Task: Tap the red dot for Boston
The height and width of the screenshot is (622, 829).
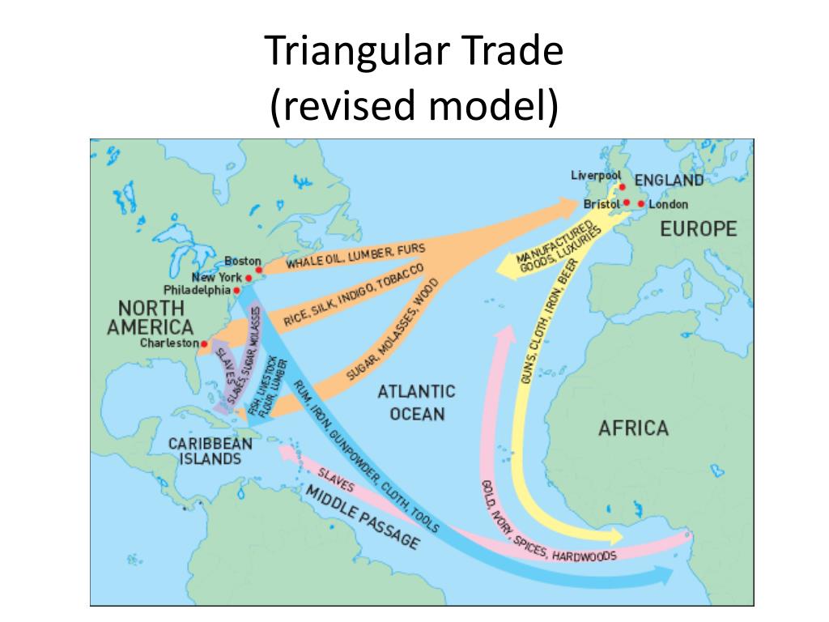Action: coord(257,269)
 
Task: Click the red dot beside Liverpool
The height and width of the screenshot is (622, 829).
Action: coord(623,187)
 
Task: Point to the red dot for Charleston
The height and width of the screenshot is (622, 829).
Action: coord(204,344)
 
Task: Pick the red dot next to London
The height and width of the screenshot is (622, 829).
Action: coord(641,204)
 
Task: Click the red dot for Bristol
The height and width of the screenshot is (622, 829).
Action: coord(626,203)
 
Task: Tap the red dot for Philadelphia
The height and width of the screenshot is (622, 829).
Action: coord(236,290)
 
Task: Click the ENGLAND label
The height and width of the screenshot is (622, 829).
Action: coord(668,180)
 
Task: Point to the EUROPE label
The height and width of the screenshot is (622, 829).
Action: coord(698,229)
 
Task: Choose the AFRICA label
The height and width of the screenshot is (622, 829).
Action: coord(632,428)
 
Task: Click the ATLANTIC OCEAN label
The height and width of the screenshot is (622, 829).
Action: coord(416,403)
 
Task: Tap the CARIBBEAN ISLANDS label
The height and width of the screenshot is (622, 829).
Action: coord(205,450)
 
